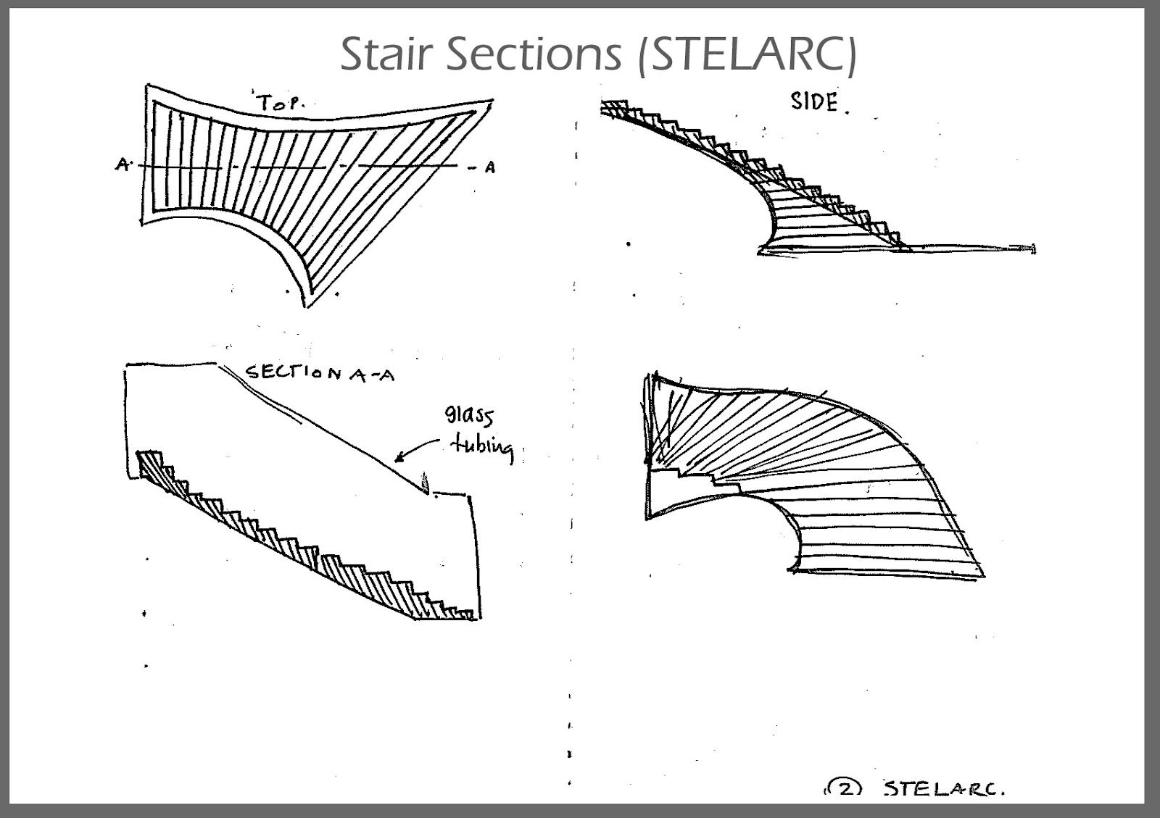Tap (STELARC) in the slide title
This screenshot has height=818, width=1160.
click(x=746, y=54)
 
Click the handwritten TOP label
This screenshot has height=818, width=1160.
click(x=279, y=103)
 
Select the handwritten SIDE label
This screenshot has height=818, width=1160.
click(x=814, y=102)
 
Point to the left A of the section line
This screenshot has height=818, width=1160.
click(x=121, y=165)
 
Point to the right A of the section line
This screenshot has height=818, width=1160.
click(x=490, y=167)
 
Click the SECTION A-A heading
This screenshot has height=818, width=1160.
click(x=320, y=373)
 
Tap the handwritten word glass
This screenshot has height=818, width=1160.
click(x=468, y=416)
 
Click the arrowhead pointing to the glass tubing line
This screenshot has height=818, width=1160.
click(x=399, y=457)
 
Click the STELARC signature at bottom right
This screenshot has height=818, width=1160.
click(x=943, y=789)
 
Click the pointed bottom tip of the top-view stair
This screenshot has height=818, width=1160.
click(x=307, y=304)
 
